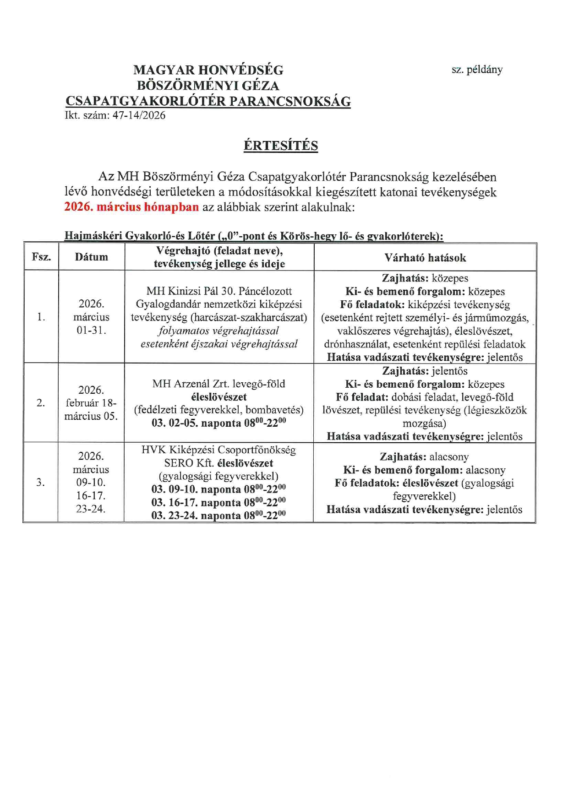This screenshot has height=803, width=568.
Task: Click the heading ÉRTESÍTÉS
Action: [280, 146]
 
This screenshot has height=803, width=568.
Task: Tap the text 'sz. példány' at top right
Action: [477, 70]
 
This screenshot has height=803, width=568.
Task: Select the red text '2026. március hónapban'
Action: [131, 207]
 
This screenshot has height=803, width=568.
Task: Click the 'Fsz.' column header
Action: [41, 257]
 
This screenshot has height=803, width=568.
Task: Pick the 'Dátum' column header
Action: [92, 257]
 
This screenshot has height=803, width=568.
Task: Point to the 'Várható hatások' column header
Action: [425, 258]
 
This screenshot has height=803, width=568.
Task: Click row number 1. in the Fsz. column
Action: [41, 317]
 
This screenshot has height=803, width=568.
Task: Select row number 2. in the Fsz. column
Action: [41, 403]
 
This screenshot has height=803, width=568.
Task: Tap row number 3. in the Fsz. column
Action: [41, 482]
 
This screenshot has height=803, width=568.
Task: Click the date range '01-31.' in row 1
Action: [91, 330]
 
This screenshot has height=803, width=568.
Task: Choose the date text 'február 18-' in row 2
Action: [91, 403]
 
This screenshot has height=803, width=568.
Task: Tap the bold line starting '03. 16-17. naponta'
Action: [218, 502]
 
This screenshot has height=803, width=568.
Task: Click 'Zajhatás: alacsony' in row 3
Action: [424, 457]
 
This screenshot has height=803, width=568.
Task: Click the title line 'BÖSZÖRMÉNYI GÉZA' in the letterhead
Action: [208, 86]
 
